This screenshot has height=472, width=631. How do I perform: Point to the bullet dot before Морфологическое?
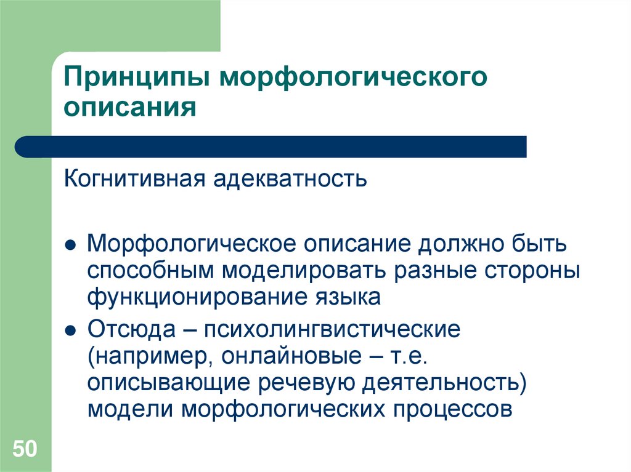[x=71, y=246]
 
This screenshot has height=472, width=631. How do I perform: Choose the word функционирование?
[x=192, y=298]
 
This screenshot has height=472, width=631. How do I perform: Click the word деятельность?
[x=446, y=383]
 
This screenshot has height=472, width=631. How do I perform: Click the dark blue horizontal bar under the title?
[x=271, y=146]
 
